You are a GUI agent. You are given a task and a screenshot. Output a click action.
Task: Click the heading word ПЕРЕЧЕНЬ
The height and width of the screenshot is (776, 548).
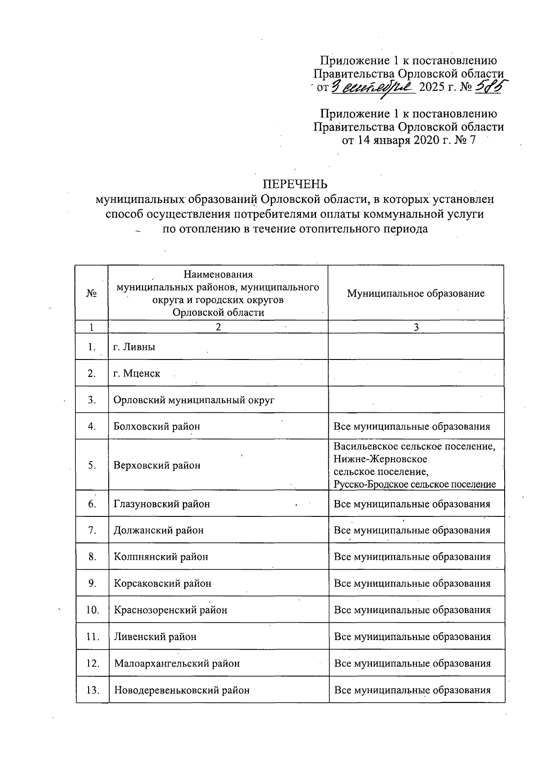tap(295, 184)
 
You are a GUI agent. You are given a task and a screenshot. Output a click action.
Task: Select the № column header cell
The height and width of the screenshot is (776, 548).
tap(92, 293)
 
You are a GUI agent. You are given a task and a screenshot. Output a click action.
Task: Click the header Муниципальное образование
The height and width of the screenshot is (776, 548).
tap(416, 293)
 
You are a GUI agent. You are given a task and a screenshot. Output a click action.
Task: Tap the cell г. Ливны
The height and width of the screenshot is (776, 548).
tap(134, 347)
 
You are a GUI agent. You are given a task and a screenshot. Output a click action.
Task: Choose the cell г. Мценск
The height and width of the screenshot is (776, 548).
tap(137, 373)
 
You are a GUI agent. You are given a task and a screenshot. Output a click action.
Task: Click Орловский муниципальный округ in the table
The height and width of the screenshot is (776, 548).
tap(194, 400)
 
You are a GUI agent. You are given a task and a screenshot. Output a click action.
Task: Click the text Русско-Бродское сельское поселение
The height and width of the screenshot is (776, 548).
tap(414, 484)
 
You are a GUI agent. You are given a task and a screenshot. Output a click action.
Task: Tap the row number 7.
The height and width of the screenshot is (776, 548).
tap(92, 530)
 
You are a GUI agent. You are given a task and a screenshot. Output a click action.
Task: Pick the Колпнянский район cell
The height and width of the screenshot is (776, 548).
tap(161, 557)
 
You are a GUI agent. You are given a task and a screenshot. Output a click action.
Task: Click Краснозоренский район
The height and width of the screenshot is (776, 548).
tap(170, 610)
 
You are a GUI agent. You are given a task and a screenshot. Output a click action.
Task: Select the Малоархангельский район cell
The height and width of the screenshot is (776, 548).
tap(177, 663)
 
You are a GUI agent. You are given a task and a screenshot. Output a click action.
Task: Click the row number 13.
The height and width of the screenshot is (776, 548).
tap(93, 690)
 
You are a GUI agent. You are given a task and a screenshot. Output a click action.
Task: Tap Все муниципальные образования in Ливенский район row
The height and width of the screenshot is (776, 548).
tap(412, 636)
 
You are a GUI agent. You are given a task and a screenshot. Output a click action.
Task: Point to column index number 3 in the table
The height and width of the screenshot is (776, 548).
tap(416, 327)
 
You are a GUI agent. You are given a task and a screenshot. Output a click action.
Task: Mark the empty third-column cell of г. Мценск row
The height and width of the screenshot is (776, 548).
tap(416, 373)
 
